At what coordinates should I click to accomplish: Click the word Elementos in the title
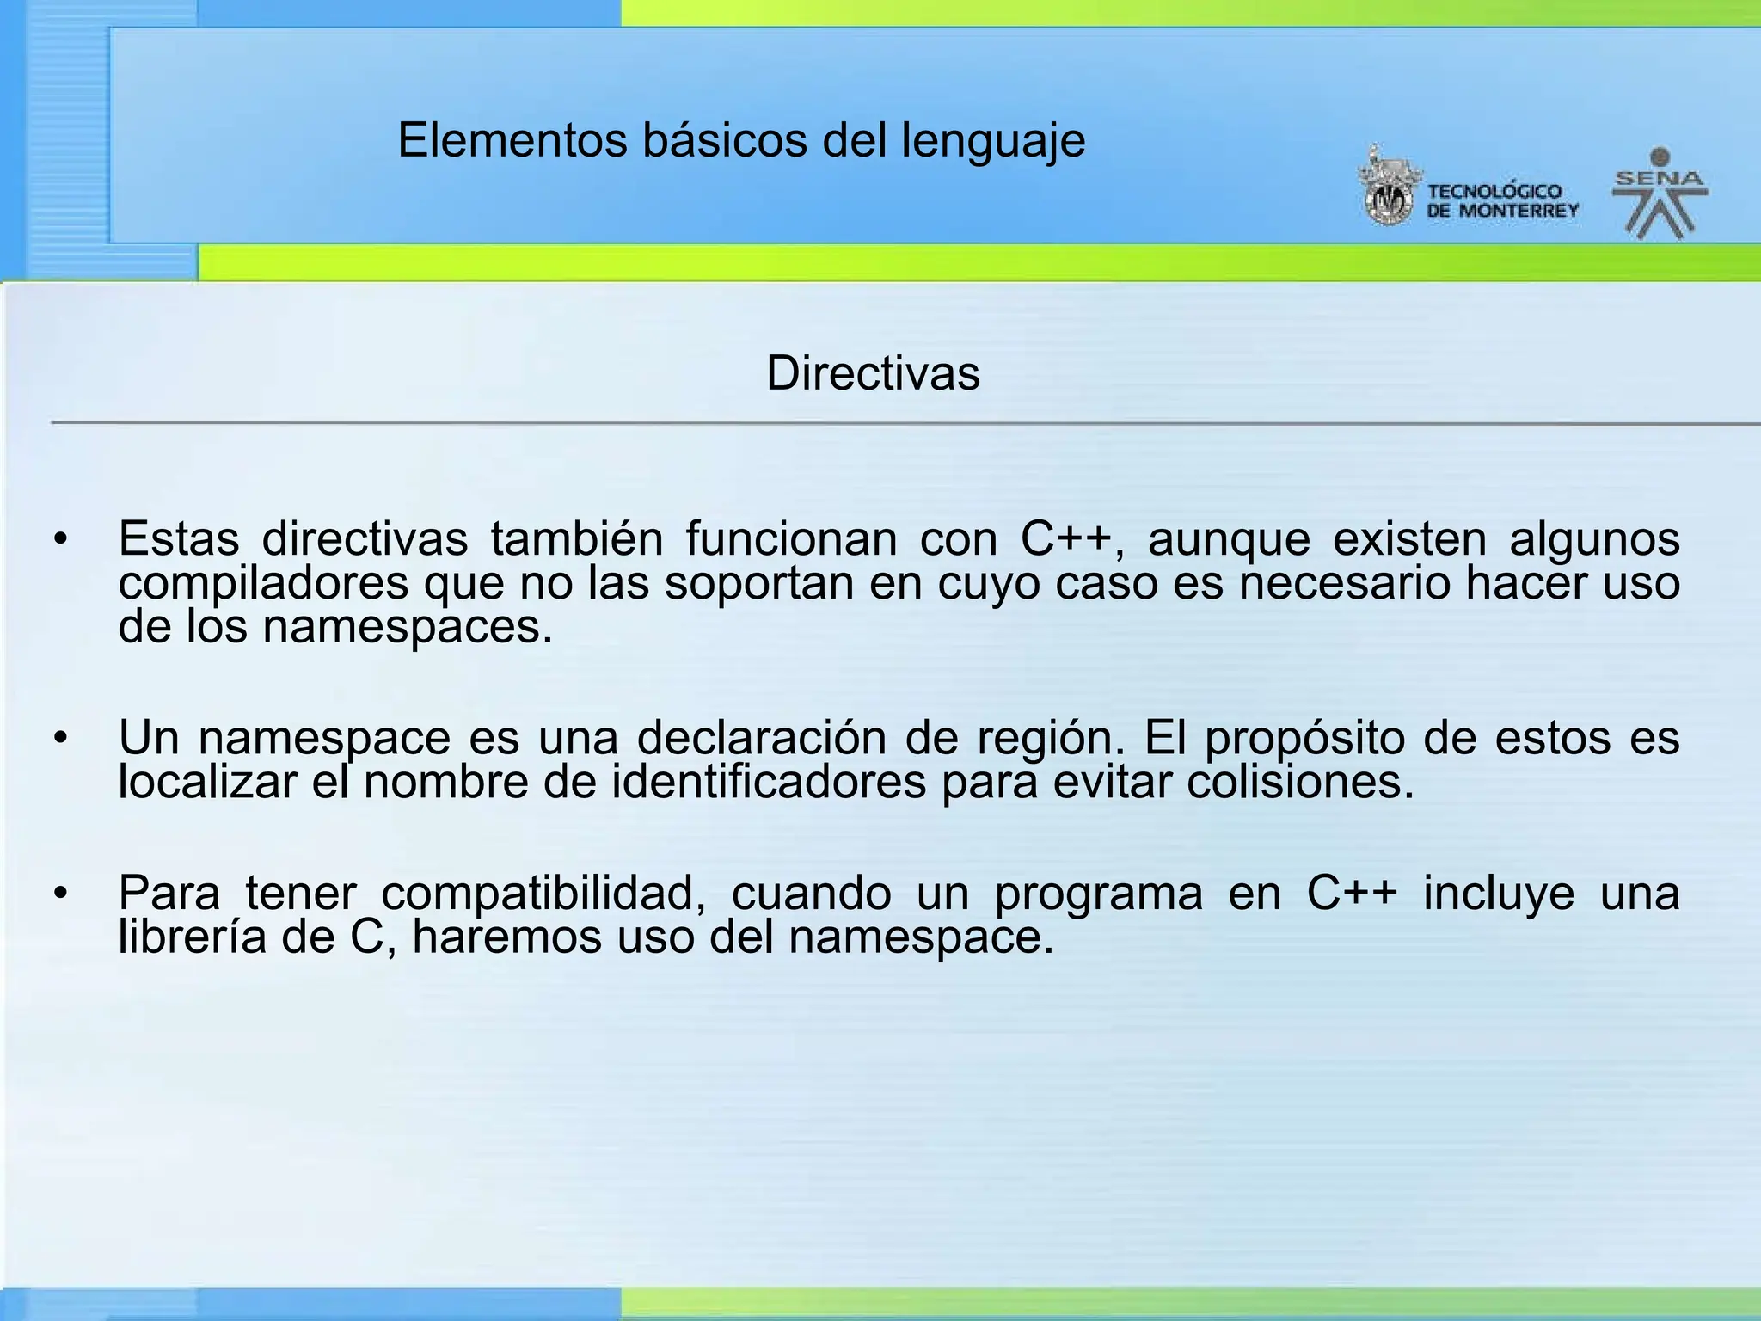click(x=512, y=140)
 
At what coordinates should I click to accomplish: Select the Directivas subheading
click(x=873, y=373)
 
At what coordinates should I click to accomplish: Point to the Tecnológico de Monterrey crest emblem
click(x=1386, y=187)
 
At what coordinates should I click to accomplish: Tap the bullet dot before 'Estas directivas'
click(x=59, y=540)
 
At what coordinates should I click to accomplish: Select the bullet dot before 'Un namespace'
click(x=59, y=738)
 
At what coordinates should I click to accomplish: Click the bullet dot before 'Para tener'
click(x=59, y=894)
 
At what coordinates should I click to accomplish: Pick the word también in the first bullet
click(x=577, y=540)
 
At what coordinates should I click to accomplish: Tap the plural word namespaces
click(x=408, y=626)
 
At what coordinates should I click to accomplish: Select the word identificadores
click(x=769, y=782)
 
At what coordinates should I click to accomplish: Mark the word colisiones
click(x=1299, y=782)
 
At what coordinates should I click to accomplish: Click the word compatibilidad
click(x=543, y=894)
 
